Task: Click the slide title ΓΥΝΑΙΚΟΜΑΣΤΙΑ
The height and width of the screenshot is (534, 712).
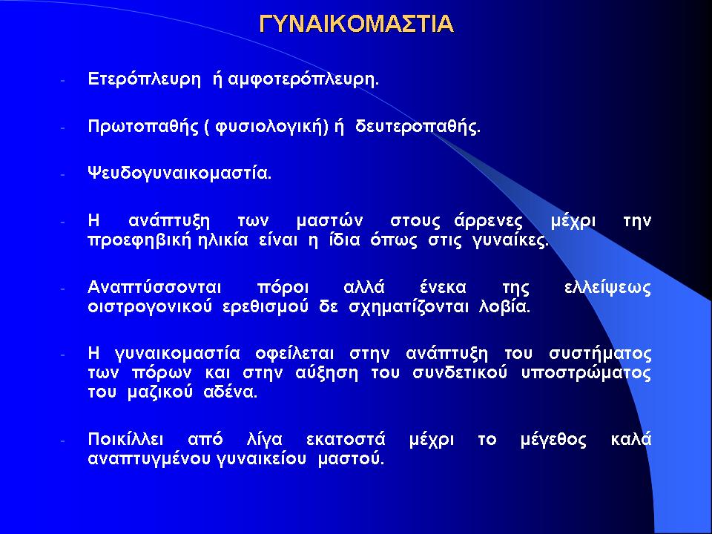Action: point(357,24)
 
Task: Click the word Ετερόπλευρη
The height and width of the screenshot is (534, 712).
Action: point(144,80)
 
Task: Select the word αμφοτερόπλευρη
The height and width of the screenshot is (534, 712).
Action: point(303,80)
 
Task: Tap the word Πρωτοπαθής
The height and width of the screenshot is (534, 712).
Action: point(143,127)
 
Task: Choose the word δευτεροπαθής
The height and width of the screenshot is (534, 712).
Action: point(418,127)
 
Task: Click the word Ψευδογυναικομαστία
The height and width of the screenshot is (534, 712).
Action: point(179,174)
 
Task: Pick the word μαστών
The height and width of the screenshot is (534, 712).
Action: point(329,221)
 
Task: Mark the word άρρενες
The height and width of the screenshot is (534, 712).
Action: point(488,221)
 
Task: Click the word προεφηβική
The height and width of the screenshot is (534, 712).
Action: point(139,240)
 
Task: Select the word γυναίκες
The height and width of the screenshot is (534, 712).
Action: point(510,240)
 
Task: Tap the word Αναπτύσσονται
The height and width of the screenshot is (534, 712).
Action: point(154,288)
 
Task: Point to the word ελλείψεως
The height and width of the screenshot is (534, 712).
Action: point(607,289)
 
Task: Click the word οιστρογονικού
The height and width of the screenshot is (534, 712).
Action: point(150,307)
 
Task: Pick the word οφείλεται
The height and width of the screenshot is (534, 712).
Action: point(294,354)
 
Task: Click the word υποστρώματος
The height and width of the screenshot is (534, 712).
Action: point(586,373)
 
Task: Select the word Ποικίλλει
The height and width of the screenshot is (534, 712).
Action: point(125,440)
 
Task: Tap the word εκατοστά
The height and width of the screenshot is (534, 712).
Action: point(346,440)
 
